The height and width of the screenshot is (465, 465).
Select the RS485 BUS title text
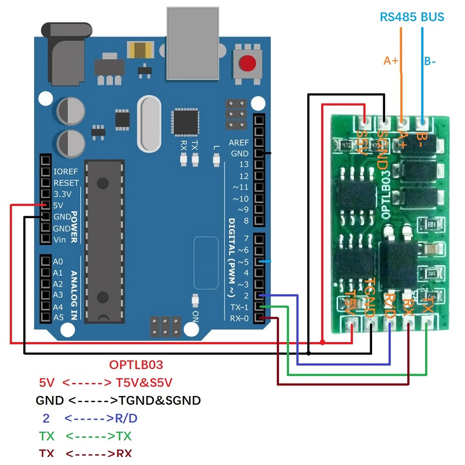coord(412,17)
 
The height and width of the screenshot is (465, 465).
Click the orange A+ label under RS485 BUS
coord(391,60)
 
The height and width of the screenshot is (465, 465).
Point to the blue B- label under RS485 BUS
coord(429,61)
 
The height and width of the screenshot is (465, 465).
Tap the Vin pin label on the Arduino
coord(60,240)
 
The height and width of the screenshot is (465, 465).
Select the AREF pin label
coord(239,142)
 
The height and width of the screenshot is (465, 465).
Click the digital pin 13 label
coord(244,165)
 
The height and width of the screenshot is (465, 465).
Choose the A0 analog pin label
coord(58,262)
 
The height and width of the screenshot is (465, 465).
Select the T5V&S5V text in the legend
coord(146,383)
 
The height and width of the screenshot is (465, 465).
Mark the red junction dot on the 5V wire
coord(323,342)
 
